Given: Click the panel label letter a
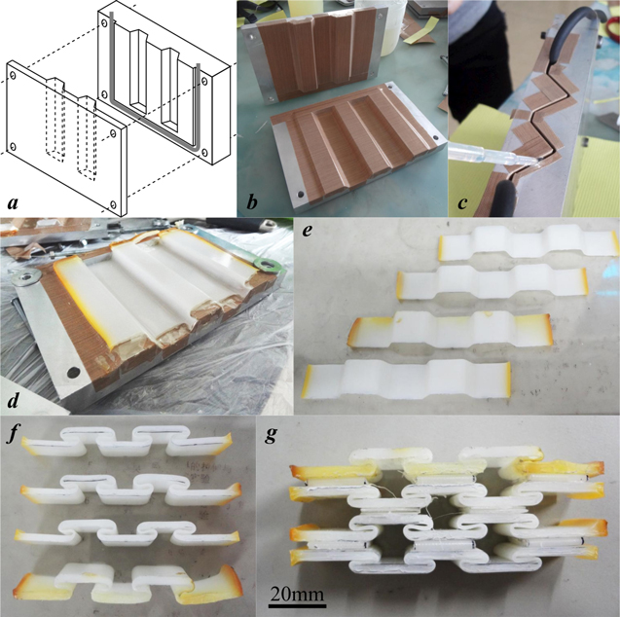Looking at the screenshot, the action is [13, 203].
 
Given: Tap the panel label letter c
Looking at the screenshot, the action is [462, 203].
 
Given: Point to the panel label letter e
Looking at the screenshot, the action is [308, 231].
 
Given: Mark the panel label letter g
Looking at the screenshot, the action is [272, 435].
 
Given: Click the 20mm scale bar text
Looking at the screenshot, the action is [298, 594].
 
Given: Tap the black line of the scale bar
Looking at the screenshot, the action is [298, 604].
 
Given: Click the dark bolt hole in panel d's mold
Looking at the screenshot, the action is [73, 373].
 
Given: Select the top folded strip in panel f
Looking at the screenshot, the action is [128, 440].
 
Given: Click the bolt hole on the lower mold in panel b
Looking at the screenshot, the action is [301, 194].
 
